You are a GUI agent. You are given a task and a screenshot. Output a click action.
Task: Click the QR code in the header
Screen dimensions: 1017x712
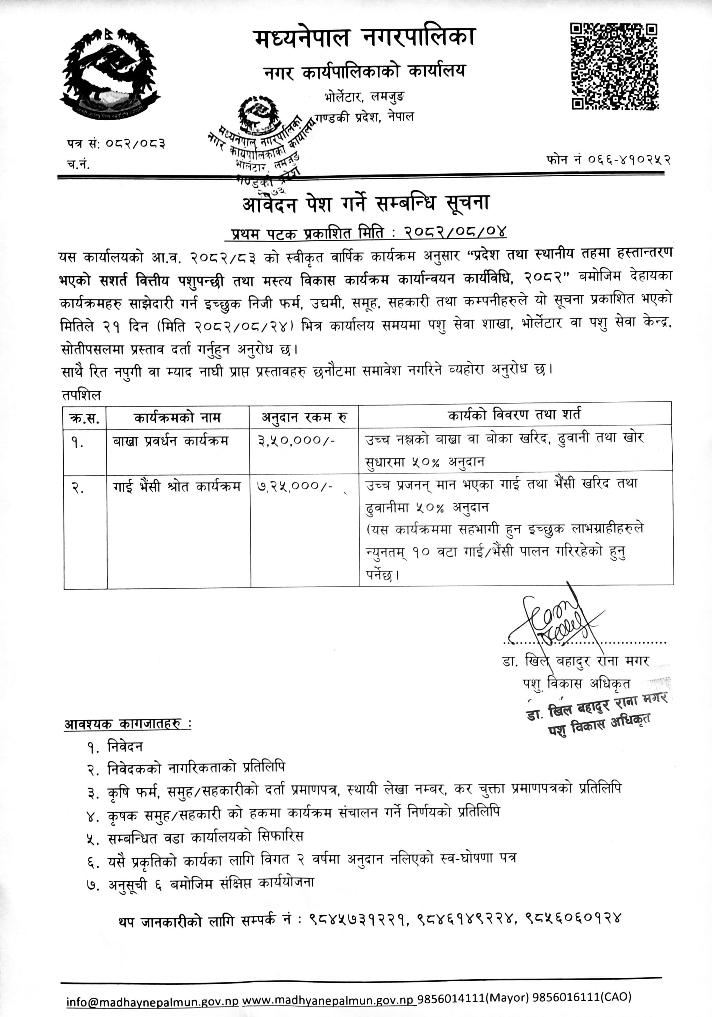[614, 66]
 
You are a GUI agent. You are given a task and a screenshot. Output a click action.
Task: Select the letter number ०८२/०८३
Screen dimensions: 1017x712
[135, 144]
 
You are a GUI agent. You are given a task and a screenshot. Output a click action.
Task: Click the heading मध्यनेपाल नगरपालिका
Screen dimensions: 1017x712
[365, 38]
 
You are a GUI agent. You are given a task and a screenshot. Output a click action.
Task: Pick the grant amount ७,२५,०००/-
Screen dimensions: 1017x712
[295, 486]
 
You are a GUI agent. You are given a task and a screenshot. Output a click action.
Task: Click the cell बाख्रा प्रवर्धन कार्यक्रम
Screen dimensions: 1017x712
[171, 441]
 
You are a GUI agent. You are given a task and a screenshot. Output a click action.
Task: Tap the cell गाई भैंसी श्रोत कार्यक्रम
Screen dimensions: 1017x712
[176, 486]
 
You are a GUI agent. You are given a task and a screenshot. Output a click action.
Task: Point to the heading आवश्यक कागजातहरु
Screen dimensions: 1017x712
[128, 724]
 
